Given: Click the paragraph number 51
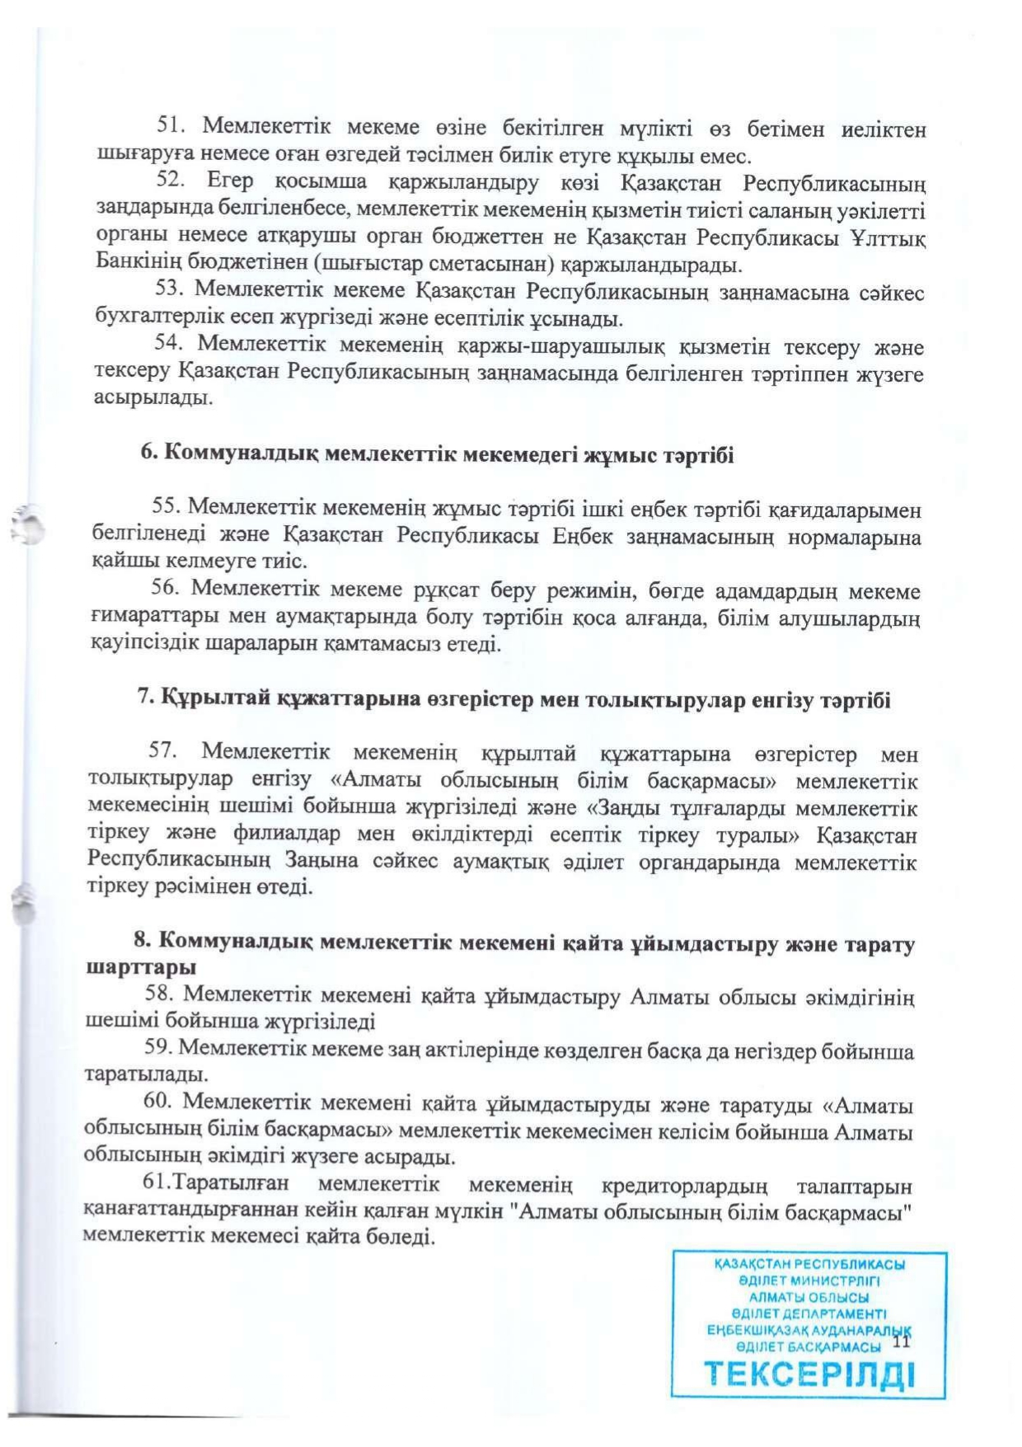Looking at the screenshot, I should pyautogui.click(x=171, y=127).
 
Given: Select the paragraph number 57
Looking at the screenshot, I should pyautogui.click(x=163, y=752).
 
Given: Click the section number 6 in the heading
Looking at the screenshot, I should pyautogui.click(x=148, y=453).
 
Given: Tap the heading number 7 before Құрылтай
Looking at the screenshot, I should pyautogui.click(x=144, y=699).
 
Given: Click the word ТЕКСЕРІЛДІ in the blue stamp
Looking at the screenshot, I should pyautogui.click(x=809, y=1374).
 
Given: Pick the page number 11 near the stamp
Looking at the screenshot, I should pyautogui.click(x=901, y=1341).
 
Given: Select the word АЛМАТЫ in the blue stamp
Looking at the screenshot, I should pyautogui.click(x=777, y=1297).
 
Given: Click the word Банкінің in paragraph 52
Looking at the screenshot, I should pyautogui.click(x=131, y=265).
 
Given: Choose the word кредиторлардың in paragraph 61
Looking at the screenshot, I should pyautogui.click(x=685, y=1186).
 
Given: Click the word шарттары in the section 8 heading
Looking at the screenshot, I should pyautogui.click(x=141, y=966).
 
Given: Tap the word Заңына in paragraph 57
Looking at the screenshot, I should pyautogui.click(x=321, y=862).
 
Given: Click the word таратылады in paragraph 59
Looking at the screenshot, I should pyautogui.click(x=145, y=1075).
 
